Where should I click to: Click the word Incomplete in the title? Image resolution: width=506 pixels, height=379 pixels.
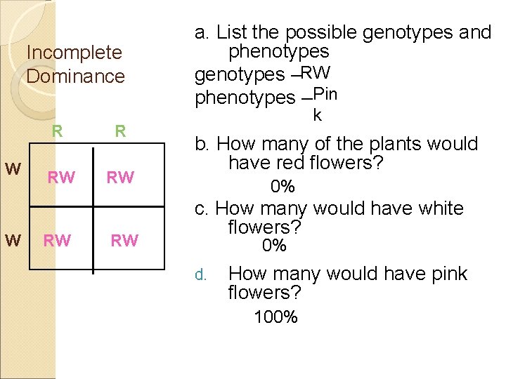click(74, 53)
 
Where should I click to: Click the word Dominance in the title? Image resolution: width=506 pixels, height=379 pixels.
click(75, 76)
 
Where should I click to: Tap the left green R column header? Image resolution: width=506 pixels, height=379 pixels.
click(58, 131)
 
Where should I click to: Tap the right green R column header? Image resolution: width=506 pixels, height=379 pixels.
click(120, 131)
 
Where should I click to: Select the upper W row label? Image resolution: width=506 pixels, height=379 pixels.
click(12, 170)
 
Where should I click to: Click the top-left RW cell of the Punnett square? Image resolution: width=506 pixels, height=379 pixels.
click(61, 178)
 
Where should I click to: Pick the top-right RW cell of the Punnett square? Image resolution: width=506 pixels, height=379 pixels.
click(120, 178)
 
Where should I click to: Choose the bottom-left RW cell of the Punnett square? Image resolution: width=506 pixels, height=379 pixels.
click(57, 241)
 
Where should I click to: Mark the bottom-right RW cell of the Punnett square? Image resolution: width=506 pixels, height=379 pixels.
click(124, 241)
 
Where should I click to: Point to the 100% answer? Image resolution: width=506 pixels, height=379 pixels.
click(275, 317)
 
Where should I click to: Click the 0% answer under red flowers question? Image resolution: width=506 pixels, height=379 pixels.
click(283, 187)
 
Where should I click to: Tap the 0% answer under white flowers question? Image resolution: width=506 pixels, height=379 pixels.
click(274, 246)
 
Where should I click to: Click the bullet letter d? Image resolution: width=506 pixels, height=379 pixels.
click(200, 275)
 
